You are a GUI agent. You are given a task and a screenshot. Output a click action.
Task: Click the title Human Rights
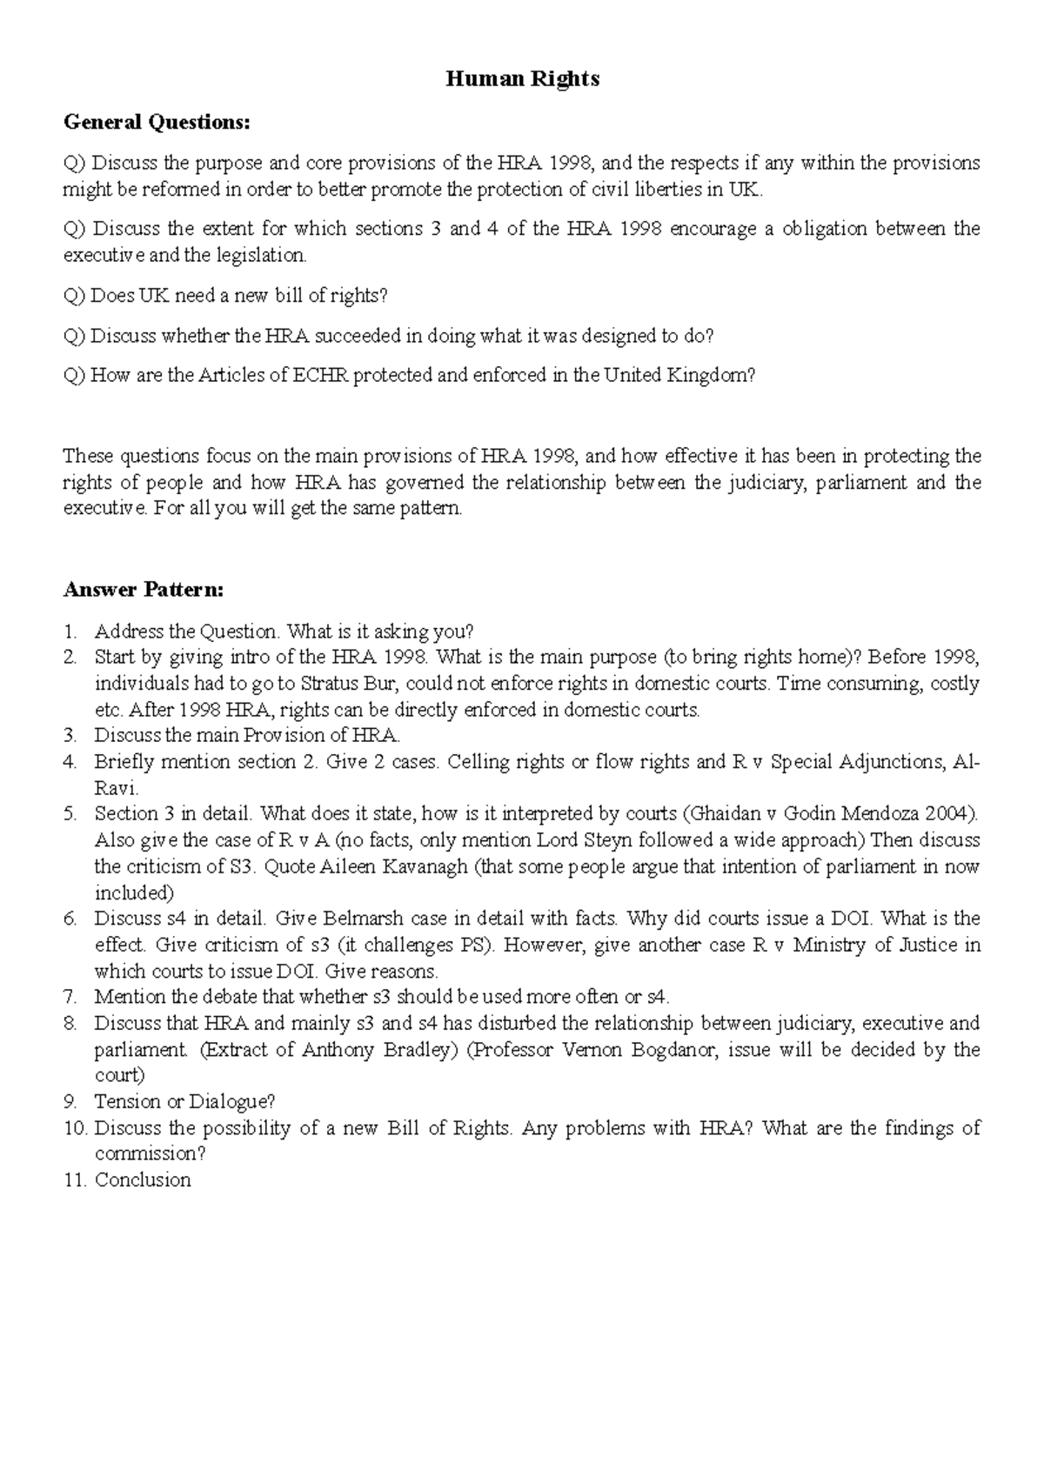[522, 79]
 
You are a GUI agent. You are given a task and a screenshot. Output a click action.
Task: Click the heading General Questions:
[157, 123]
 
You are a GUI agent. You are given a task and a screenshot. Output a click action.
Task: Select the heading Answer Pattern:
[144, 590]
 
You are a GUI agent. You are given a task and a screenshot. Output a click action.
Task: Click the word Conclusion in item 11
[143, 1180]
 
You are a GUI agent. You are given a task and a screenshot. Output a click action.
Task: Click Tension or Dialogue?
[184, 1102]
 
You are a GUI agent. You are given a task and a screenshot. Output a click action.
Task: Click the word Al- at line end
[967, 762]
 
